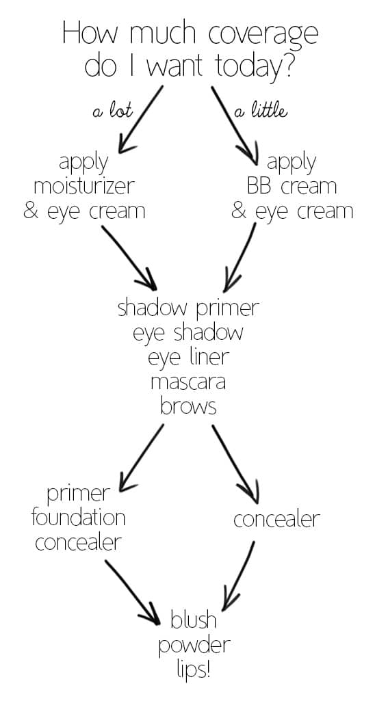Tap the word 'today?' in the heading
pyautogui.click(x=255, y=66)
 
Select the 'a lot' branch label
pyautogui.click(x=113, y=110)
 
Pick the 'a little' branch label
pyautogui.click(x=261, y=110)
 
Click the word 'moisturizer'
pyautogui.click(x=84, y=186)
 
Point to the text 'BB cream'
pyautogui.click(x=292, y=186)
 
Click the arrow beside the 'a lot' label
pyautogui.click(x=140, y=120)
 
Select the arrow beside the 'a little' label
pyautogui.click(x=235, y=126)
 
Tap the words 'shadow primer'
pyautogui.click(x=188, y=309)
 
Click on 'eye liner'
pyautogui.click(x=188, y=358)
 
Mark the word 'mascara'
pyautogui.click(x=188, y=383)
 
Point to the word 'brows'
pyautogui.click(x=188, y=407)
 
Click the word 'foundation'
pyautogui.click(x=79, y=518)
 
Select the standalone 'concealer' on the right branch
pyautogui.click(x=276, y=520)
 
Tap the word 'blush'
pyautogui.click(x=194, y=620)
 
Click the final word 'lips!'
pyautogui.click(x=194, y=669)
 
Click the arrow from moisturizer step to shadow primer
pyautogui.click(x=129, y=258)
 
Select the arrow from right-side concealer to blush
pyautogui.click(x=238, y=574)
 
